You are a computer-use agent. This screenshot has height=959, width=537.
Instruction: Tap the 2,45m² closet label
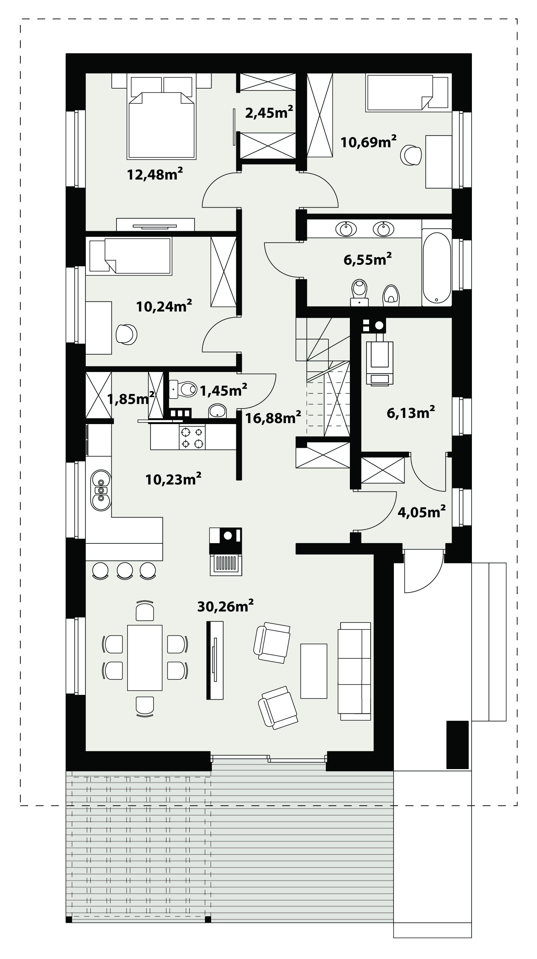pyautogui.click(x=269, y=112)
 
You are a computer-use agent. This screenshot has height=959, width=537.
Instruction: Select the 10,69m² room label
pyautogui.click(x=368, y=142)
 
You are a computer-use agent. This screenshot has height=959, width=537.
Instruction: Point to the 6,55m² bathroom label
pyautogui.click(x=368, y=259)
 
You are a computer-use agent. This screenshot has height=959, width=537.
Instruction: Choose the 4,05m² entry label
pyautogui.click(x=422, y=512)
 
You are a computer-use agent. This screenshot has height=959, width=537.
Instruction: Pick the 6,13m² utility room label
pyautogui.click(x=411, y=413)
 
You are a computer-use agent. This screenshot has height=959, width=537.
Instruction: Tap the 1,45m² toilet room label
pyautogui.click(x=224, y=390)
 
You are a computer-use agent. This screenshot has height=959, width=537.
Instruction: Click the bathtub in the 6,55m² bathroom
pyautogui.click(x=437, y=267)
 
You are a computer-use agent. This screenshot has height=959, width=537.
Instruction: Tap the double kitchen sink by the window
pyautogui.click(x=101, y=490)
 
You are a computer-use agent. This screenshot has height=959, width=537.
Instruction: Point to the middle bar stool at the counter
pyautogui.click(x=125, y=570)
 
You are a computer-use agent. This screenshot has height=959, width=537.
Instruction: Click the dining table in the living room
pyautogui.click(x=145, y=658)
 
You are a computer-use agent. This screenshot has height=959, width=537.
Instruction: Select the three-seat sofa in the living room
pyautogui.click(x=354, y=671)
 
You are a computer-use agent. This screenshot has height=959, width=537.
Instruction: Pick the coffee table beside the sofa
pyautogui.click(x=314, y=671)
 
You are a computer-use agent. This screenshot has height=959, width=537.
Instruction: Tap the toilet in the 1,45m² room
pyautogui.click(x=183, y=389)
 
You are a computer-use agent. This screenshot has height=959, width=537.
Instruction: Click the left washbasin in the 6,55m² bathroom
pyautogui.click(x=346, y=229)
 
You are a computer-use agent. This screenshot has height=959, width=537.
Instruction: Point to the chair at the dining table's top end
pyautogui.click(x=145, y=611)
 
